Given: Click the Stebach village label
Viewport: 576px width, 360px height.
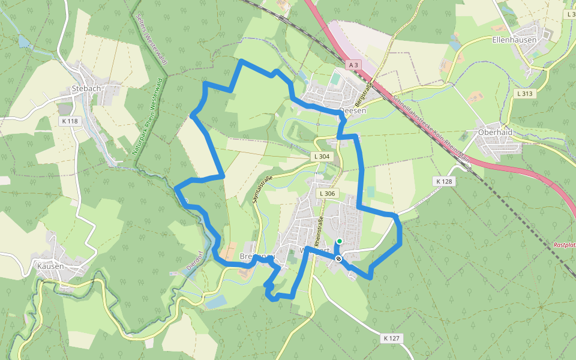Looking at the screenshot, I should pyautogui.click(x=86, y=88).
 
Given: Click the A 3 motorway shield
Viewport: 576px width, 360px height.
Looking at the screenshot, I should pyautogui.click(x=353, y=64).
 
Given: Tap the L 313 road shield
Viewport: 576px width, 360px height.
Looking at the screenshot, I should pyautogui.click(x=525, y=93).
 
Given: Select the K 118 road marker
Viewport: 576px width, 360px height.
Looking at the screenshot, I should pyautogui.click(x=70, y=121).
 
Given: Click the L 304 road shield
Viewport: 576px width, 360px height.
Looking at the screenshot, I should pyautogui.click(x=322, y=157).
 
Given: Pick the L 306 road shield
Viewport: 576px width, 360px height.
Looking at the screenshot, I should pyautogui.click(x=327, y=194).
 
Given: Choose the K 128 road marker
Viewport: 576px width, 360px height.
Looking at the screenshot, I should pyautogui.click(x=444, y=181).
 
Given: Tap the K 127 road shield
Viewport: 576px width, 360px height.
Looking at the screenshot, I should pyautogui.click(x=391, y=338).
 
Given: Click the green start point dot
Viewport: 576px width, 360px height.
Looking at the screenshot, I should pyautogui.click(x=339, y=241).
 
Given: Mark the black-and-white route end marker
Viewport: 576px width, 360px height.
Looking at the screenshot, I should pyautogui.click(x=339, y=259).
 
